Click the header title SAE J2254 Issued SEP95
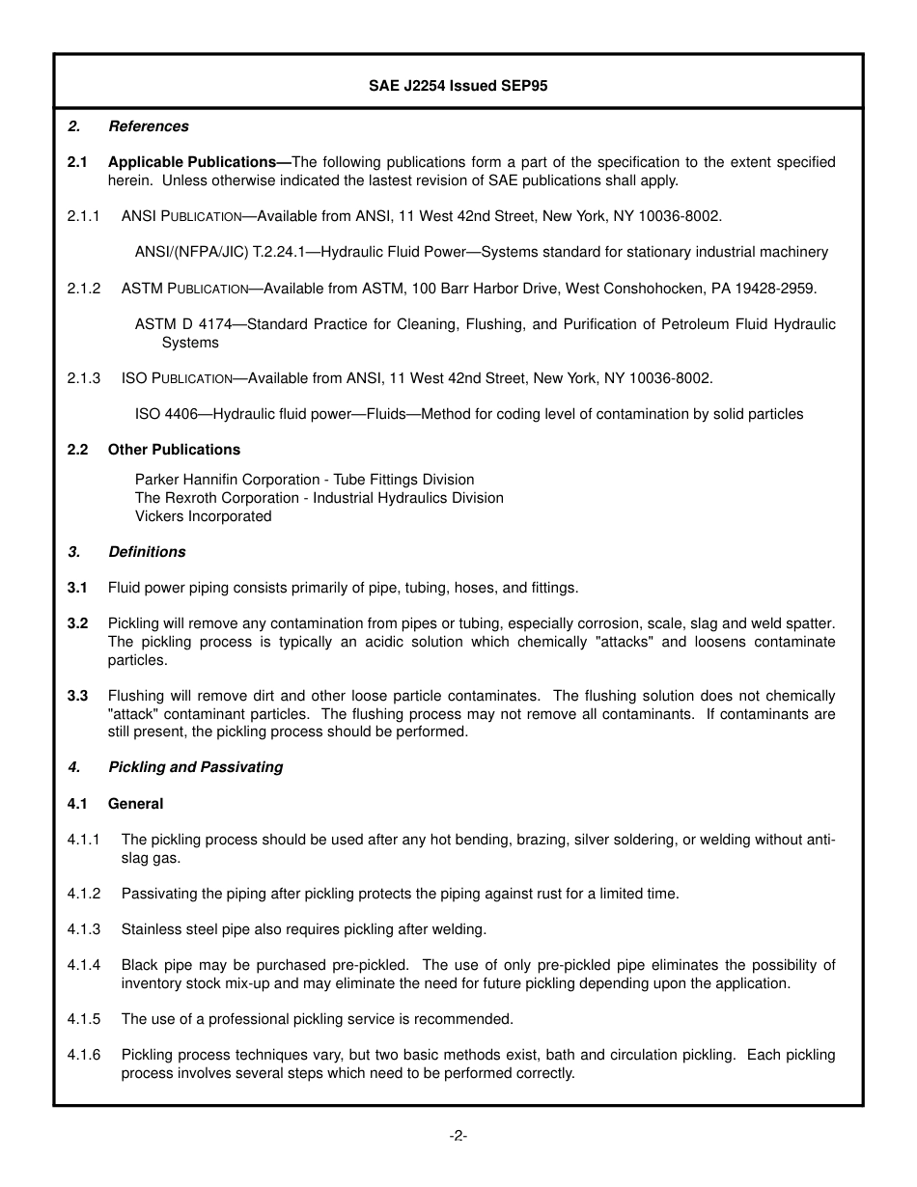coord(458,85)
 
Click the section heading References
coord(148,126)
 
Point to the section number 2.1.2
coord(84,289)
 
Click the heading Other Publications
coord(174,450)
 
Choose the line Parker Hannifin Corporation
coord(304,480)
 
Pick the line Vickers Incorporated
coord(203,516)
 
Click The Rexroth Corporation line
coord(319,498)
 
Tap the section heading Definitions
coord(147,552)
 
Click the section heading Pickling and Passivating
coord(195,767)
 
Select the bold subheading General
coord(135,804)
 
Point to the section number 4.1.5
coord(84,1019)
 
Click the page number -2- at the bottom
coord(458,1136)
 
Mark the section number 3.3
coord(77,696)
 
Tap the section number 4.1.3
coord(84,929)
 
